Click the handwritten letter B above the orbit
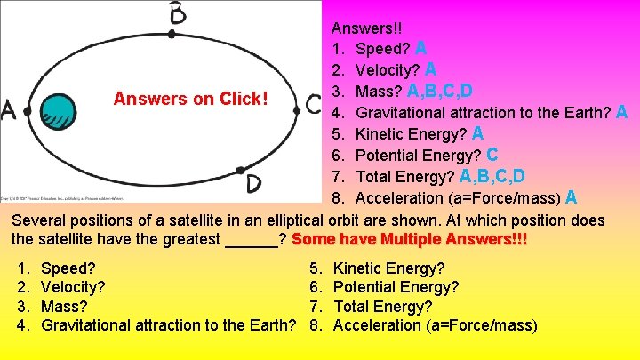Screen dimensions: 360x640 click(178, 13)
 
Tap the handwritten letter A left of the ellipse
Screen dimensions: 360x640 click(9, 109)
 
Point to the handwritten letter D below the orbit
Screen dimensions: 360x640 click(253, 183)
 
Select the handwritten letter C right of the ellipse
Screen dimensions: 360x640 click(313, 103)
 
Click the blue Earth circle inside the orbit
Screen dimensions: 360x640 click(60, 113)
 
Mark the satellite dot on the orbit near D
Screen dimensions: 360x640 click(239, 170)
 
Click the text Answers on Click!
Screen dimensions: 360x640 click(190, 98)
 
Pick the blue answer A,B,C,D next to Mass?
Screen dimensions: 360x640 click(439, 91)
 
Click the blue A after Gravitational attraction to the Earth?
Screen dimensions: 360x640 click(621, 112)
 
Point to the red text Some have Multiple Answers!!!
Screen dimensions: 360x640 click(409, 240)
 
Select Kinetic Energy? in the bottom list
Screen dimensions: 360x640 click(388, 268)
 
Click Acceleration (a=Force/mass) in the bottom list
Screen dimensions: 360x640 click(435, 325)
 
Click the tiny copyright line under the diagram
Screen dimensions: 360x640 click(62, 197)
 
